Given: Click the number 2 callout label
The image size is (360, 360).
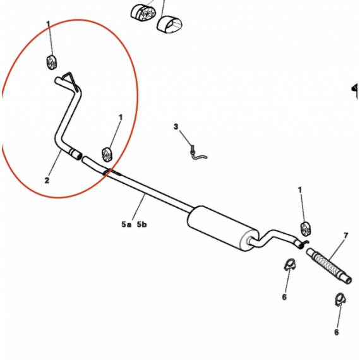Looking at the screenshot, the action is [47, 180].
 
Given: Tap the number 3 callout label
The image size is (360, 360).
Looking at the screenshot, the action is [176, 126].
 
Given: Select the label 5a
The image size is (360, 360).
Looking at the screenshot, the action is [126, 224].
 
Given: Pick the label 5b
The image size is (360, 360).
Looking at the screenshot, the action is [141, 224].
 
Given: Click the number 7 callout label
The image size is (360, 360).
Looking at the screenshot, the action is [346, 236].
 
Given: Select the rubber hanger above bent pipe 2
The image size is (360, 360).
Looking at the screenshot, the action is [51, 62].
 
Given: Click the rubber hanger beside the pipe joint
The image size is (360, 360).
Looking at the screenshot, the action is [107, 154].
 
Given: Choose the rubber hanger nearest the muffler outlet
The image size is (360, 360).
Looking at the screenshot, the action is [306, 229].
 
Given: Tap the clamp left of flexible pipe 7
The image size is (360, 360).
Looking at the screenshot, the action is [289, 265].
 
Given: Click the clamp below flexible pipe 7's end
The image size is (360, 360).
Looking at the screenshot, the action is [340, 299].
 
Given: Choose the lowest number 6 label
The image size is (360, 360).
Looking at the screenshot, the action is [337, 332].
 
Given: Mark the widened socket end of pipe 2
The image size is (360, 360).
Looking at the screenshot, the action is [75, 153].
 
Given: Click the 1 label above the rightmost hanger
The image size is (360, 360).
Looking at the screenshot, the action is [299, 190].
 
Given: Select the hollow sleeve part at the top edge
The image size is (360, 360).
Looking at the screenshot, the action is [170, 25].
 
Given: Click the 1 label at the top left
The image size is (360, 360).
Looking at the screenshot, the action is [48, 24].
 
